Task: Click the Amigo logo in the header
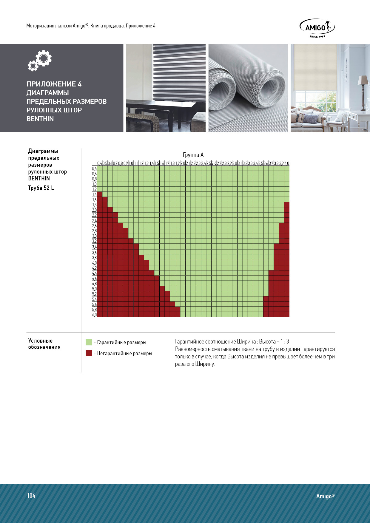[317, 27]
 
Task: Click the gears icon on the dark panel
[40, 61]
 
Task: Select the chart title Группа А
[193, 155]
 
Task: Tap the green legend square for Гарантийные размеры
[89, 342]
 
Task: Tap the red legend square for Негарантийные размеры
[89, 353]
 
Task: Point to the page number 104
[31, 496]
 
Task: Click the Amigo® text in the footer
[325, 496]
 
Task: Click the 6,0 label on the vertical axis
[94, 315]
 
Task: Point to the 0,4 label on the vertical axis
[94, 168]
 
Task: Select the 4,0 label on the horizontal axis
[287, 163]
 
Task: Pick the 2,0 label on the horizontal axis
[183, 163]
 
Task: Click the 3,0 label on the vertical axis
[94, 236]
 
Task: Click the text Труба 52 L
[41, 188]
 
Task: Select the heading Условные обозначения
[44, 344]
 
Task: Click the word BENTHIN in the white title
[40, 119]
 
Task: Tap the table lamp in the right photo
[363, 89]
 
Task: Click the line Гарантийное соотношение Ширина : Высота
[232, 342]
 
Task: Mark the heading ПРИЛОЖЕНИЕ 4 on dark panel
[54, 84]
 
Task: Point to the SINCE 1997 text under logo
[317, 37]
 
